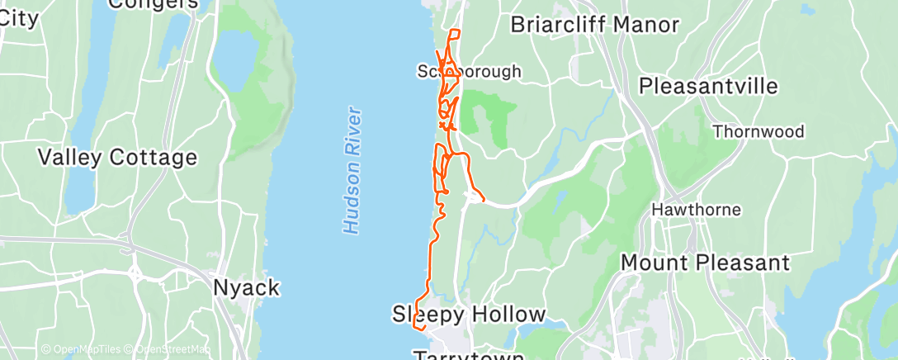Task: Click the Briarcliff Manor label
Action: (x=594, y=24)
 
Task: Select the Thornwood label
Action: (x=758, y=131)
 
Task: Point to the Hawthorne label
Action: (x=696, y=209)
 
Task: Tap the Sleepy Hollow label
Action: (x=468, y=315)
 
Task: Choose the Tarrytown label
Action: (x=468, y=355)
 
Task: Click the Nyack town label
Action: (x=246, y=288)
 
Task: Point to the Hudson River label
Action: (x=353, y=169)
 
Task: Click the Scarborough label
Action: (x=470, y=71)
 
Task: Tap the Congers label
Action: (x=154, y=4)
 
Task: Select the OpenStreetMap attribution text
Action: (x=168, y=350)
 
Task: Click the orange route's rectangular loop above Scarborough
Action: (x=454, y=35)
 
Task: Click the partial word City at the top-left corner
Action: (x=19, y=18)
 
